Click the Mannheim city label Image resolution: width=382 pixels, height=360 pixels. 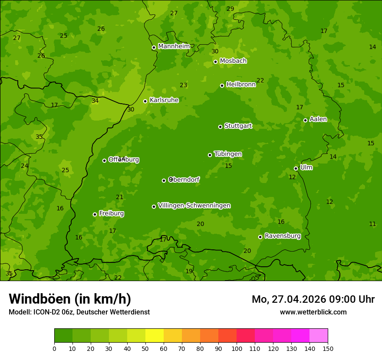point(174,46)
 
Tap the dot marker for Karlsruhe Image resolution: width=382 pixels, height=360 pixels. point(145,101)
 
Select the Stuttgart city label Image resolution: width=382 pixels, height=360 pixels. point(238,126)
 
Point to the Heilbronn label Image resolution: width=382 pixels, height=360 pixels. point(241,85)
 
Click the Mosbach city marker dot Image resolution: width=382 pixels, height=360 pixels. point(215,62)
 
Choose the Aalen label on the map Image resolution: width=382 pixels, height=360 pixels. point(318,119)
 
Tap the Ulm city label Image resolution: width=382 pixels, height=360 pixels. point(306,167)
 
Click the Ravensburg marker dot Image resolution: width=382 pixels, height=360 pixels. point(260,237)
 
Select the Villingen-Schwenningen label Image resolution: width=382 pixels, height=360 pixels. point(194,206)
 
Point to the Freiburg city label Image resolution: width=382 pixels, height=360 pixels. point(111,213)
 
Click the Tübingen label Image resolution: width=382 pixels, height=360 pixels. point(228,154)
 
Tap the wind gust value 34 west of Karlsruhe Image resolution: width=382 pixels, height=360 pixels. point(95,101)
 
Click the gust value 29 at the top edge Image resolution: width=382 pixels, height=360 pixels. point(230,9)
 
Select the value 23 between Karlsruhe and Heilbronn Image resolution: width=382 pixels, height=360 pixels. point(184,85)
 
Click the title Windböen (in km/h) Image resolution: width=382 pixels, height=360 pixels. point(70,299)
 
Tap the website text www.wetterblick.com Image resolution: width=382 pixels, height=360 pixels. point(313,312)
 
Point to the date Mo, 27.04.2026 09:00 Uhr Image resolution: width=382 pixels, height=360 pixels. point(313,299)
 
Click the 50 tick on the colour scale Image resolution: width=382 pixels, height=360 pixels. point(145,348)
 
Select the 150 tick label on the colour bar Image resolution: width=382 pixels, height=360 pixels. point(328,348)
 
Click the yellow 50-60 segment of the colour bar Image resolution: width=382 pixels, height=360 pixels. point(155,335)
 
